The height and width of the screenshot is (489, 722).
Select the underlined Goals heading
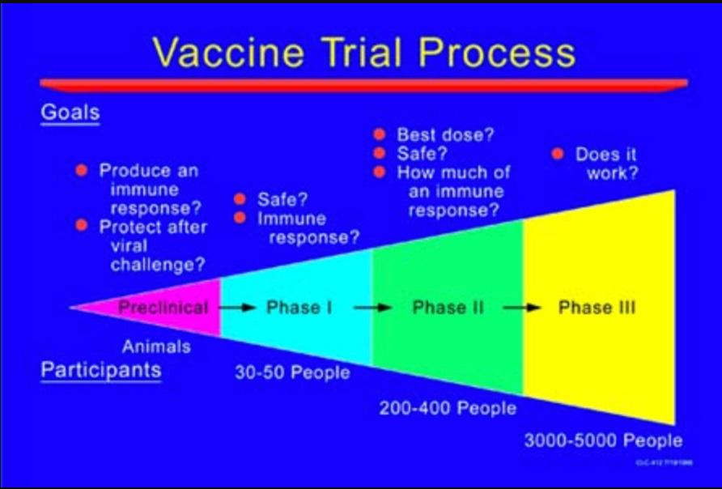pyautogui.click(x=70, y=113)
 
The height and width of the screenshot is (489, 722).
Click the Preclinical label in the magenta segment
pyautogui.click(x=163, y=308)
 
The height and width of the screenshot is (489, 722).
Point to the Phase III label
pyautogui.click(x=597, y=308)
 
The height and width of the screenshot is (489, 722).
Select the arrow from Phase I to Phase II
pyautogui.click(x=373, y=308)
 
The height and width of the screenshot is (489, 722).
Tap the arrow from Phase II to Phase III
pyautogui.click(x=522, y=308)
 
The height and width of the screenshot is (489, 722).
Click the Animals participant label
pyautogui.click(x=156, y=347)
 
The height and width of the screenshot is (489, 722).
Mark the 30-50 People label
pyautogui.click(x=292, y=372)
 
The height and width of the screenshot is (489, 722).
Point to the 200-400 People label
pyautogui.click(x=448, y=408)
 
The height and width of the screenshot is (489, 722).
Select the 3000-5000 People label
pyautogui.click(x=603, y=441)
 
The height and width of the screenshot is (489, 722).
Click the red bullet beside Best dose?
pyautogui.click(x=378, y=134)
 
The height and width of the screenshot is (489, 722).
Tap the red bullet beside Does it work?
pyautogui.click(x=557, y=154)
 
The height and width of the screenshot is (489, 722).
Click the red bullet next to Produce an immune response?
pyautogui.click(x=81, y=171)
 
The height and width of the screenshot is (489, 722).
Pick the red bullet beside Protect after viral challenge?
pyautogui.click(x=81, y=226)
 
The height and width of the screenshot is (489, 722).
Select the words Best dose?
pyautogui.click(x=444, y=134)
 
